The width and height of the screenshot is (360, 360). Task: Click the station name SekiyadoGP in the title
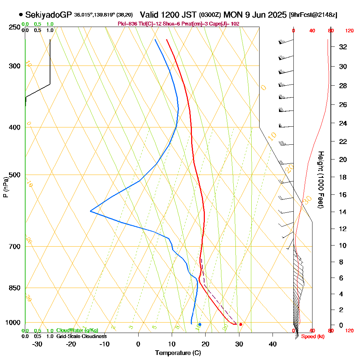tap(49, 15)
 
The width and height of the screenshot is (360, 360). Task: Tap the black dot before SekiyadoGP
tap(21, 15)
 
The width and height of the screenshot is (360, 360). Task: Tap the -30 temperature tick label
tap(37, 344)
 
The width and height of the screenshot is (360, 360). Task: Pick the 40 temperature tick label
tap(273, 344)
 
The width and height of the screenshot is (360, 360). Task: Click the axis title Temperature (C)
tap(178, 353)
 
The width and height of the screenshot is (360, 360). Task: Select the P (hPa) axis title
tap(5, 187)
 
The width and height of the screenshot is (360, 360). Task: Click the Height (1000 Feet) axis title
tap(320, 180)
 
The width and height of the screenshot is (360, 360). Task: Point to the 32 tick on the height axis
tap(343, 47)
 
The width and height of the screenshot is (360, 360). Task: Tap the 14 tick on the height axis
tap(343, 212)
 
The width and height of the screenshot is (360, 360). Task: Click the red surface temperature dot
tap(240, 324)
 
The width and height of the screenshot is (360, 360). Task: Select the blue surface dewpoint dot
tap(200, 324)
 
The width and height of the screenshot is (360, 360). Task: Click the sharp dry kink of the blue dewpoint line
tap(90, 211)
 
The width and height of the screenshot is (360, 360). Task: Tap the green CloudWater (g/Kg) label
tap(77, 330)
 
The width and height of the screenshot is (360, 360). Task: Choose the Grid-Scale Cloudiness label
tap(81, 336)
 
